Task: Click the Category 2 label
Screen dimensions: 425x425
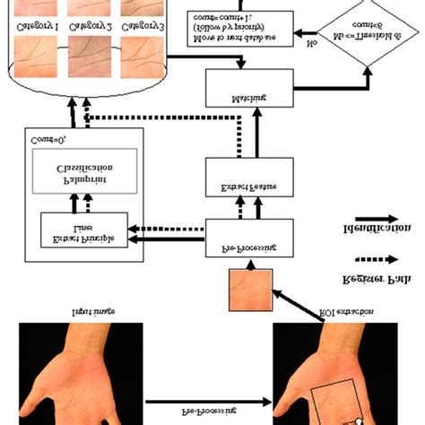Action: point(90,29)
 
